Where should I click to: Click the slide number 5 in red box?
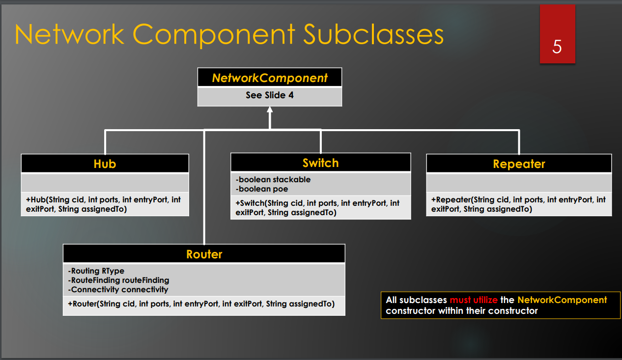point(557,47)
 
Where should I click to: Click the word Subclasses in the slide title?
point(373,34)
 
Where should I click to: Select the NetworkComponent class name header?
point(270,78)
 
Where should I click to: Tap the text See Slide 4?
point(270,95)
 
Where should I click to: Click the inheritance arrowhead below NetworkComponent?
point(270,110)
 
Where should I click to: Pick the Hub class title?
point(105,164)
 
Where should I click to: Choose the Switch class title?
point(320,163)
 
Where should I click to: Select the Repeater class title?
point(519,164)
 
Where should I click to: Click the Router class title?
point(204,254)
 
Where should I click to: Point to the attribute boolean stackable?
point(273,179)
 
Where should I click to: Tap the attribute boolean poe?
point(262,189)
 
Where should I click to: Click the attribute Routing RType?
point(96,271)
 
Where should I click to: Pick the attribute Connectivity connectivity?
point(118,289)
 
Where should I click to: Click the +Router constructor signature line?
point(201,304)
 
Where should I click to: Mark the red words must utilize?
point(474,300)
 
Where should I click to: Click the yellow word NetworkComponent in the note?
point(562,300)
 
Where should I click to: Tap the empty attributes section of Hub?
point(105,183)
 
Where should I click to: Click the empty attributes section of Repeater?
point(519,183)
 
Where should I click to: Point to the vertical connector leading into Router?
point(204,196)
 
